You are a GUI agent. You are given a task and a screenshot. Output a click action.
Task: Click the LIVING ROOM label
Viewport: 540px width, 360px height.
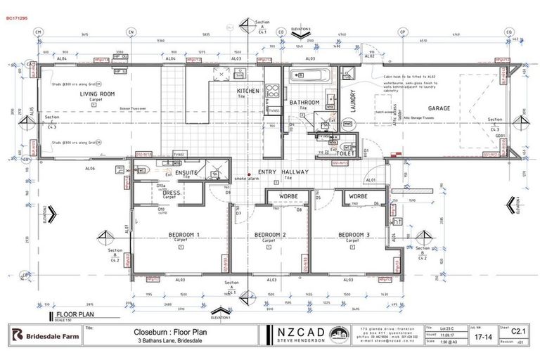coord(97,94)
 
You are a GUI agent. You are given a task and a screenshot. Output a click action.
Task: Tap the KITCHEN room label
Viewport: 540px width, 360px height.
coord(247,91)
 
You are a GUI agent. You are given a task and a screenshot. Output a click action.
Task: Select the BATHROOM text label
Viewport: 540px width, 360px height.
coord(305,103)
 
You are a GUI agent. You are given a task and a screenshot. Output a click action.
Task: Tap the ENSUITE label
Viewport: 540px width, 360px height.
coord(186,172)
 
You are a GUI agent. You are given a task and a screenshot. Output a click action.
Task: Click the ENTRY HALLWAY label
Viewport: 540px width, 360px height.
coord(283,172)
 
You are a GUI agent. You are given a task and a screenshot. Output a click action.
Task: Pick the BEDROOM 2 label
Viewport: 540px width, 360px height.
coord(269,234)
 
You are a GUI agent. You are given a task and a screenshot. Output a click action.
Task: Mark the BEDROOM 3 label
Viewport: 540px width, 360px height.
coord(354,234)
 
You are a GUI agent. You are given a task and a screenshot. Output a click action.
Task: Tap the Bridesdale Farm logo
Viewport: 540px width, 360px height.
coord(44,335)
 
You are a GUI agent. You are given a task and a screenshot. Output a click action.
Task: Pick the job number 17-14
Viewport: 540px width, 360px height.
coord(482,337)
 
